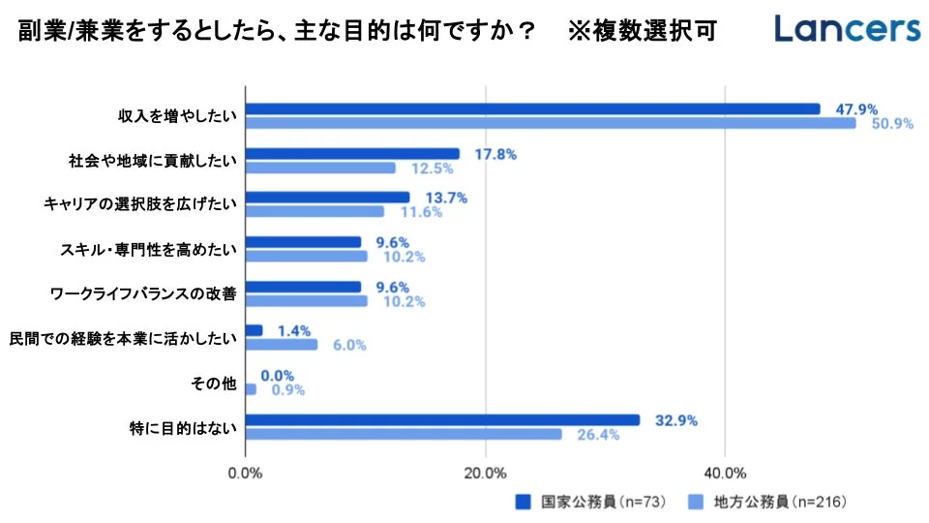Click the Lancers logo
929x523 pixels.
click(x=847, y=30)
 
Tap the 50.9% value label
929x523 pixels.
click(x=892, y=124)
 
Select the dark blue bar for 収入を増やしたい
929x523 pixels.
click(x=532, y=109)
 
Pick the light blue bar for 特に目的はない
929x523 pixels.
click(x=404, y=434)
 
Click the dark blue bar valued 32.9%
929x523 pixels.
click(x=442, y=420)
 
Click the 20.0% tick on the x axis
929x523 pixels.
click(x=485, y=474)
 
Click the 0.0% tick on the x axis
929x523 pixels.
click(x=245, y=474)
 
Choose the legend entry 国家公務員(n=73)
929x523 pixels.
click(x=590, y=502)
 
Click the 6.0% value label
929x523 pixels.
click(x=348, y=345)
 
